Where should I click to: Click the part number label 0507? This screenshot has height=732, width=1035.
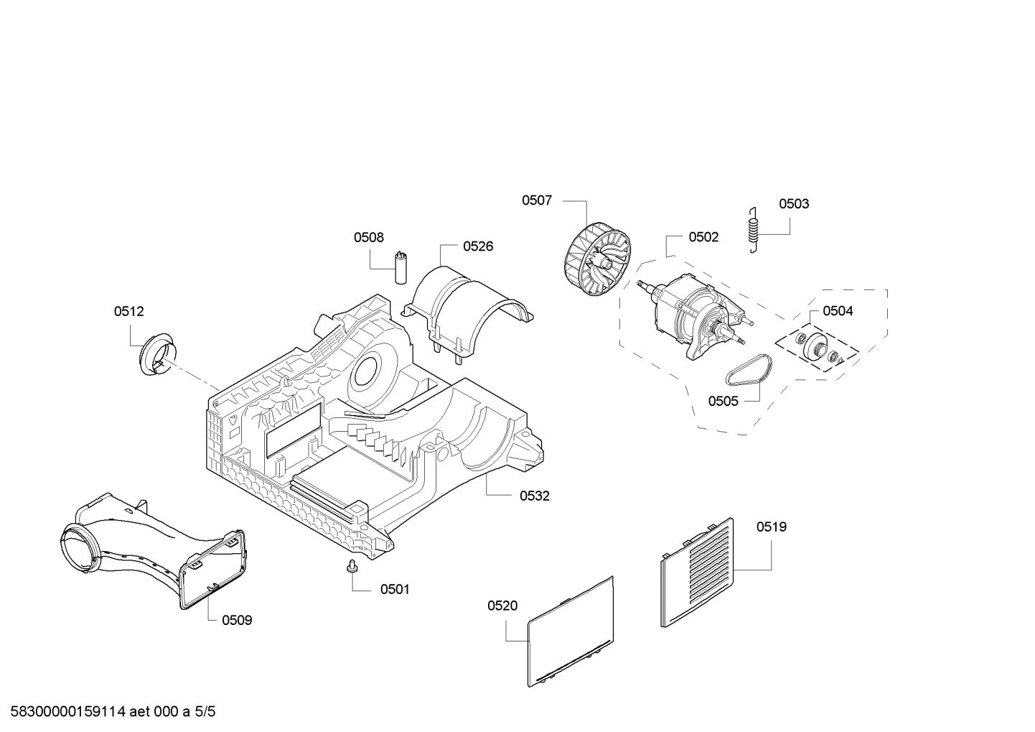[536, 200]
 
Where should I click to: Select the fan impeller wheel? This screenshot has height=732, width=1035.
[597, 259]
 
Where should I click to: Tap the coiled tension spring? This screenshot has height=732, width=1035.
[754, 230]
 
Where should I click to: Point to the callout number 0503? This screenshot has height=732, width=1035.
[794, 204]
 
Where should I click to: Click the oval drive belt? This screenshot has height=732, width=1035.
[749, 371]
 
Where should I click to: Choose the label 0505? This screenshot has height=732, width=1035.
[723, 401]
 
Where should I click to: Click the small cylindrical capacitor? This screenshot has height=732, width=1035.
[400, 267]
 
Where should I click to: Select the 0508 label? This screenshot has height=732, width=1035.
[369, 238]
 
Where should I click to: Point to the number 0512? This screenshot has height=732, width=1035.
[129, 312]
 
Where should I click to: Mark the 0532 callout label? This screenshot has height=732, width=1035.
[535, 496]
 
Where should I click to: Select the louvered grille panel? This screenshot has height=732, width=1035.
[697, 573]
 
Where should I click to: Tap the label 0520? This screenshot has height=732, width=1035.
[502, 606]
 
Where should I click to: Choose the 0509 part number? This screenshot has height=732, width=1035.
[237, 621]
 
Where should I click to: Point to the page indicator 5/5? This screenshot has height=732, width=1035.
[205, 712]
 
